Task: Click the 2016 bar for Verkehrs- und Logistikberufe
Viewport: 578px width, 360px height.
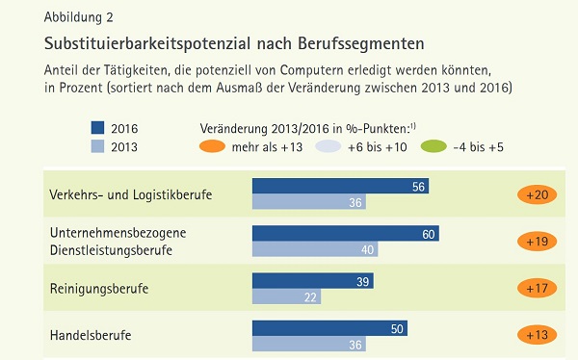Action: [x=340, y=186]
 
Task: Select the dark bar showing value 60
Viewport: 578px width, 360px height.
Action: [x=346, y=233]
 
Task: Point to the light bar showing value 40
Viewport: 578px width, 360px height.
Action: [x=314, y=249]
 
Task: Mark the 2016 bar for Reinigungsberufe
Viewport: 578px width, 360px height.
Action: [x=312, y=280]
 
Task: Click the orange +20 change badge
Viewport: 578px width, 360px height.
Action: [x=538, y=194]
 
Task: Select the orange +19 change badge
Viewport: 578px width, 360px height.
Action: [x=538, y=242]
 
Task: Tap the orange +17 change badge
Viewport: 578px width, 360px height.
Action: [x=538, y=288]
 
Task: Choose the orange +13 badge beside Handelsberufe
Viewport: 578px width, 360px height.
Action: [x=538, y=335]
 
